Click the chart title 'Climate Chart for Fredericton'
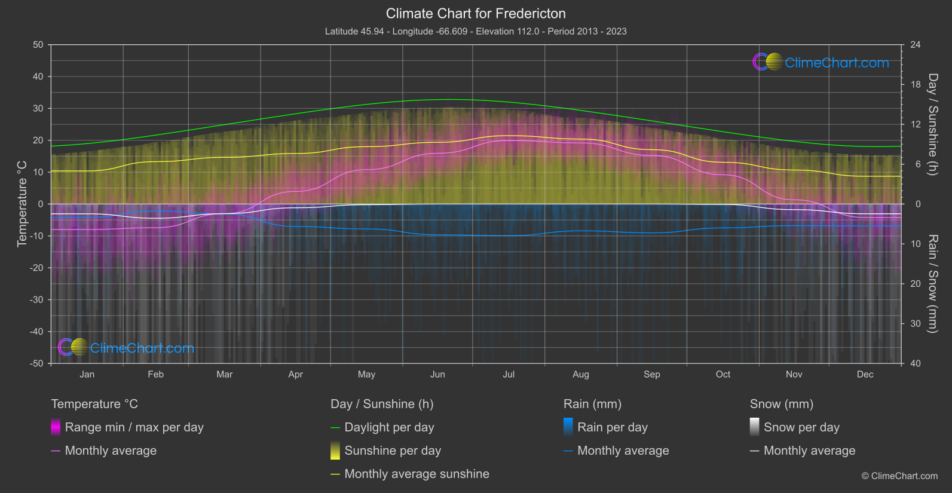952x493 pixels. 476,13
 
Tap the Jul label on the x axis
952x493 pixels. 509,374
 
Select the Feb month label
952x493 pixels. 155,374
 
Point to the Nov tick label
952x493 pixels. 794,374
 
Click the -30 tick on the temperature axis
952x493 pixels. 36,299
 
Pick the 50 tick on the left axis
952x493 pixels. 38,45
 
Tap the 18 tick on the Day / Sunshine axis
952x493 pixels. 916,84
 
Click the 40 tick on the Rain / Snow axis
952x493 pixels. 916,363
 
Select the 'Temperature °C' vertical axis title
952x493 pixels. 22,204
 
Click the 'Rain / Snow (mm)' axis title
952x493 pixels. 932,283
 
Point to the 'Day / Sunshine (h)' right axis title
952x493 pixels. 932,124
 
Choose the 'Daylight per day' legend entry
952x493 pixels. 389,427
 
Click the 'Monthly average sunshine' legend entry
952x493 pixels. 417,474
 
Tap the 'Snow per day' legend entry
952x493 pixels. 801,427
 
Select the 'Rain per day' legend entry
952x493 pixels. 612,427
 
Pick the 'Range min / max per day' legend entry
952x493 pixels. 134,427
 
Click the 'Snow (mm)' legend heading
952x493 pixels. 781,404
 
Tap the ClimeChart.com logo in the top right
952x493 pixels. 821,62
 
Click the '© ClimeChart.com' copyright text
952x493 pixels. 899,476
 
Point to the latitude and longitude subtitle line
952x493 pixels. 476,31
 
